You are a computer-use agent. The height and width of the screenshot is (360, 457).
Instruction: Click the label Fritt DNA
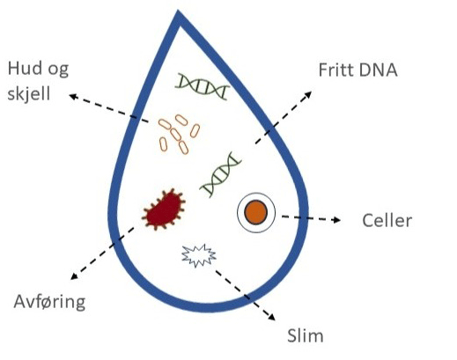point(358,70)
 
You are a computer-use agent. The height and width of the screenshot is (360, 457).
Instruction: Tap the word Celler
point(387,220)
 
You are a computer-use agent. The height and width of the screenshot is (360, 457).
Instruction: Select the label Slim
point(306,335)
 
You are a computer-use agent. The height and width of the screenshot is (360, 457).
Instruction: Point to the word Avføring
point(49,301)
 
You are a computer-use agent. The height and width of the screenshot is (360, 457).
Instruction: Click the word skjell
point(29,94)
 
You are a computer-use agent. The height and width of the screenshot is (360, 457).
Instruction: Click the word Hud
point(25,69)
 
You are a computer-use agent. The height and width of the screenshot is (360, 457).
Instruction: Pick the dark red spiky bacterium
point(164,209)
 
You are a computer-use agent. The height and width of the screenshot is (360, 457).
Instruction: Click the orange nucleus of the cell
point(256,212)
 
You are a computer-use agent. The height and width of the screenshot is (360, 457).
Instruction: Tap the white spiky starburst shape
point(199,255)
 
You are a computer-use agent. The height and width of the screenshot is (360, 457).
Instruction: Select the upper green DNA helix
point(203,86)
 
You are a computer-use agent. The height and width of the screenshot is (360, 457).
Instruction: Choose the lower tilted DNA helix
point(221,174)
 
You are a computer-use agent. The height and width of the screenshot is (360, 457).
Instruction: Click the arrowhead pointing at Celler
point(337,220)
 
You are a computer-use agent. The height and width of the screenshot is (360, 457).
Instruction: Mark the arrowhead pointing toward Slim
point(271,317)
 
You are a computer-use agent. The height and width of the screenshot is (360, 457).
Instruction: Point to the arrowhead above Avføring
point(75,276)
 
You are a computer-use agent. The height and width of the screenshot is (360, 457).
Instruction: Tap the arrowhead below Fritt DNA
point(308,95)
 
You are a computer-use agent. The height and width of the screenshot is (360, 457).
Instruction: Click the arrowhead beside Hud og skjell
point(73,97)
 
